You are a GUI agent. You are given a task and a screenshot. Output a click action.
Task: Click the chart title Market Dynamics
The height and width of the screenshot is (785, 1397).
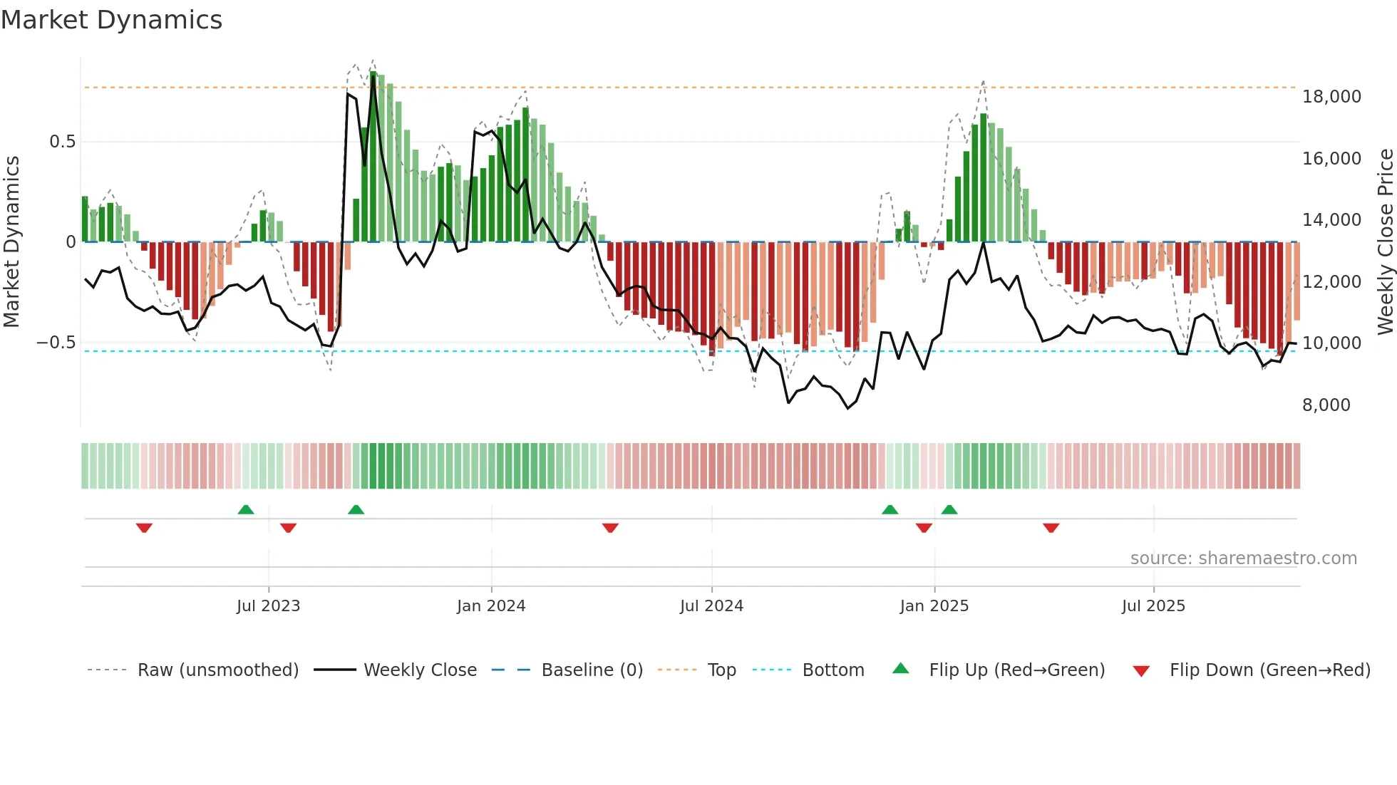[x=111, y=20]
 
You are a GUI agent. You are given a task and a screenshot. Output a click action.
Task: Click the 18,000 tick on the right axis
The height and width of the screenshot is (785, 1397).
[x=1331, y=97]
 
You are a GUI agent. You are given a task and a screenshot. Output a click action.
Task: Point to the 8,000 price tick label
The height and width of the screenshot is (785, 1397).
[x=1326, y=405]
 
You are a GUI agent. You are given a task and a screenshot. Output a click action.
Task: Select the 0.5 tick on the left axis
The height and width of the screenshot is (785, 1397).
[x=62, y=142]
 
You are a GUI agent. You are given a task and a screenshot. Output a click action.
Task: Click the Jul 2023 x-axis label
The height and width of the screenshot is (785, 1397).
[x=268, y=606]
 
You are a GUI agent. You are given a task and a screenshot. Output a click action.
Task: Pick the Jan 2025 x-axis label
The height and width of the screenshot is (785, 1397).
[x=934, y=606]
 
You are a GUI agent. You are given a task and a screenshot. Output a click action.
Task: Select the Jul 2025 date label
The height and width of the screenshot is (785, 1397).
[x=1153, y=606]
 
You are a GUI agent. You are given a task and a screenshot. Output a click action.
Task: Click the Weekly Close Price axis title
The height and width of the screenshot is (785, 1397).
[x=1385, y=241]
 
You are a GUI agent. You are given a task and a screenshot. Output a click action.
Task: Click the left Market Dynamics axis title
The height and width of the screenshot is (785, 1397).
[x=11, y=241]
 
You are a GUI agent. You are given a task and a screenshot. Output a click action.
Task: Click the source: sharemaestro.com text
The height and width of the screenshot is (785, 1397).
[x=1243, y=558]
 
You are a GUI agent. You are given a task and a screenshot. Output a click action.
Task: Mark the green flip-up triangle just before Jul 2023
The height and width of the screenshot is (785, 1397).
[x=245, y=509]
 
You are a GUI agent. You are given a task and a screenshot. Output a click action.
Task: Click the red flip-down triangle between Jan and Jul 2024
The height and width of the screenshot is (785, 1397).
[x=610, y=528]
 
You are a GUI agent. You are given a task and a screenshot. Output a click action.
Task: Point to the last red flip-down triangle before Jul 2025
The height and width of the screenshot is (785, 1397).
[x=1051, y=528]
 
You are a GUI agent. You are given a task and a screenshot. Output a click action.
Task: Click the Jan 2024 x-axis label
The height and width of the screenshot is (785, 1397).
[x=490, y=606]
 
